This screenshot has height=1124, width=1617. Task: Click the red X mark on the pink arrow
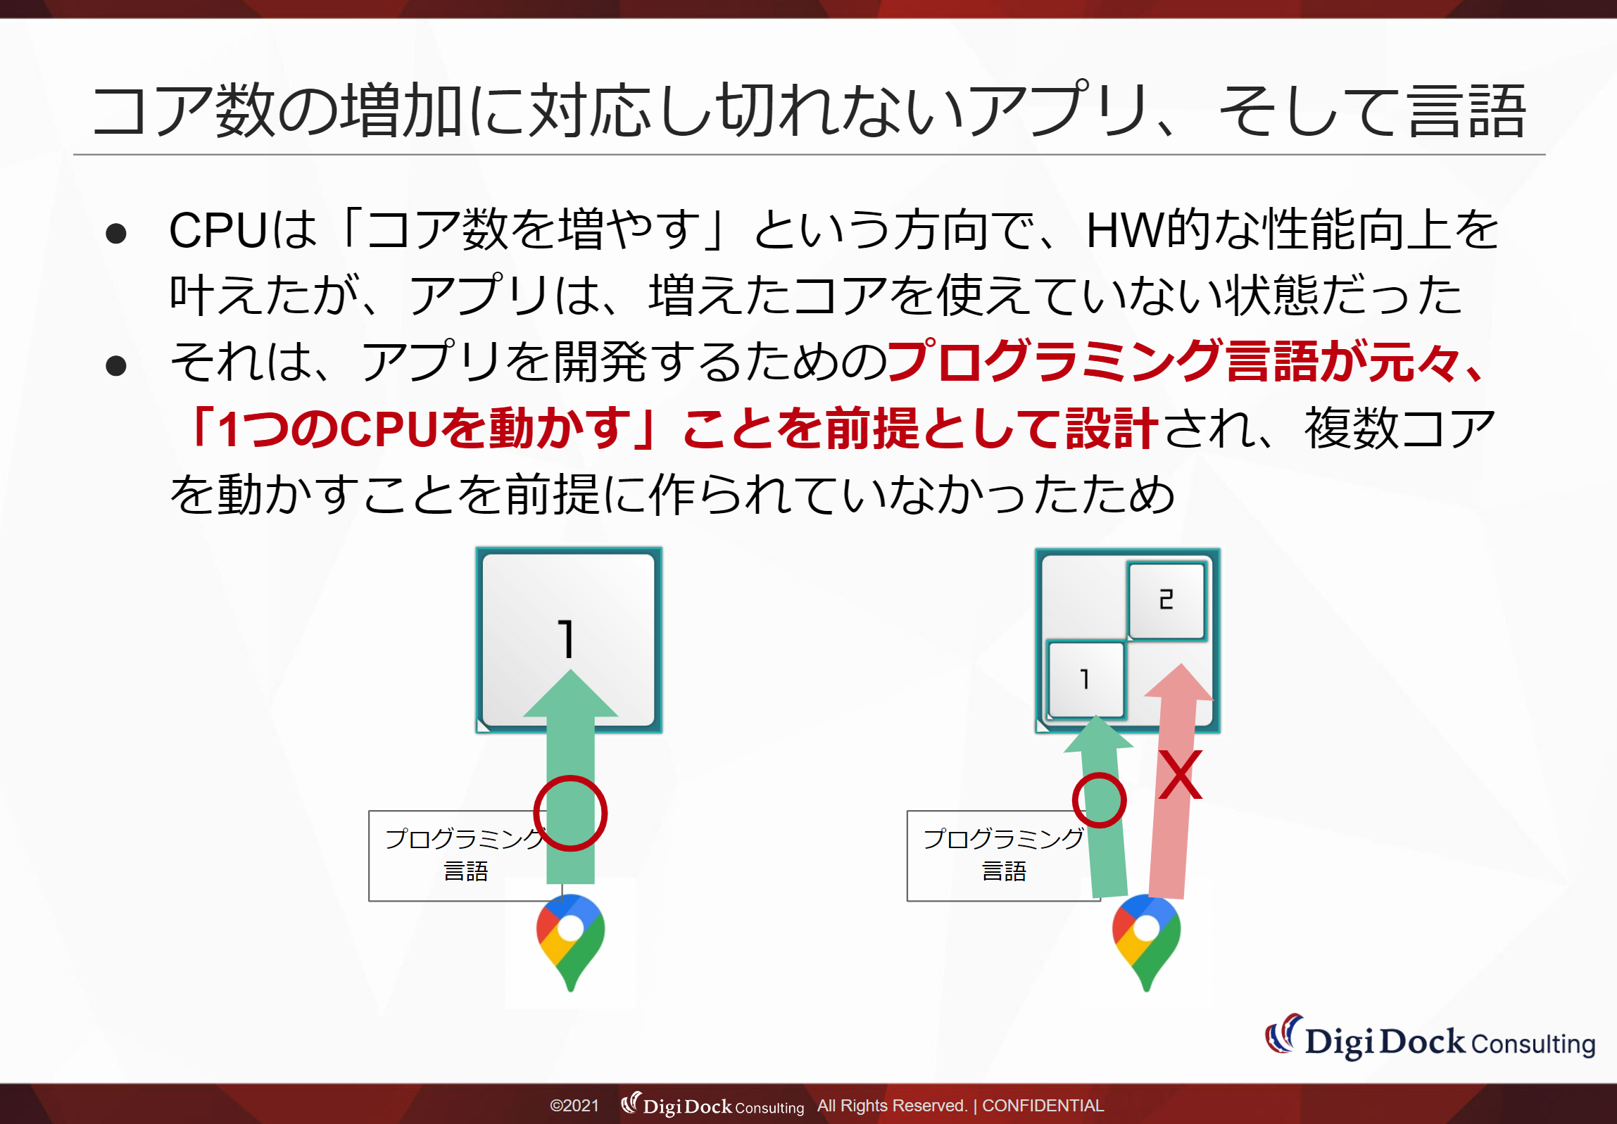click(1181, 775)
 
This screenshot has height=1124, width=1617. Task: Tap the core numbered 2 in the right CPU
click(1167, 601)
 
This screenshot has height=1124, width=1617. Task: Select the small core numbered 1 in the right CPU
click(1086, 680)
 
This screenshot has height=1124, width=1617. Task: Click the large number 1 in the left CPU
click(565, 638)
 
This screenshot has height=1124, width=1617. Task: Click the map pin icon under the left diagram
click(570, 942)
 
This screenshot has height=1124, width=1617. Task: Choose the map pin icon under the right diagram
click(1147, 942)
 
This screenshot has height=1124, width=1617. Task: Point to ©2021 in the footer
click(574, 1106)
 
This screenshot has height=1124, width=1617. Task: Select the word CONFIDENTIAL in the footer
click(1043, 1106)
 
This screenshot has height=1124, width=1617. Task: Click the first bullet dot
click(115, 234)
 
